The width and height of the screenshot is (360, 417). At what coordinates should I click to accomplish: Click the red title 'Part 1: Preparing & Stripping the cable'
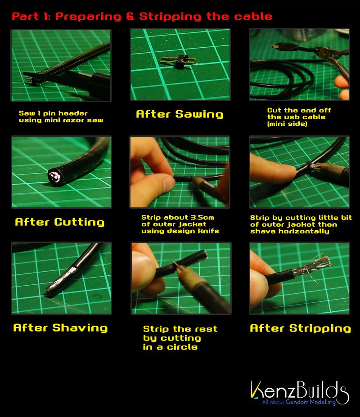142,17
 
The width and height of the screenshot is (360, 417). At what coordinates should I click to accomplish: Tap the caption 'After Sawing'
180,114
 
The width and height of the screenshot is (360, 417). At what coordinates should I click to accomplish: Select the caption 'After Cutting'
59,222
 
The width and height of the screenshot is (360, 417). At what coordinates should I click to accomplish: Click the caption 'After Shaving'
60,328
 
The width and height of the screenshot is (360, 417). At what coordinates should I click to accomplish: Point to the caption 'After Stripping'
301,328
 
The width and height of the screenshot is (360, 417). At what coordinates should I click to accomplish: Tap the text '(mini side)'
287,124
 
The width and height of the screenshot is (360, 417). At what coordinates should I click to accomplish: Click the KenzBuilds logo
299,393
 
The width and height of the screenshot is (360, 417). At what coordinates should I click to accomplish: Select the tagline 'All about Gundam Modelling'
299,402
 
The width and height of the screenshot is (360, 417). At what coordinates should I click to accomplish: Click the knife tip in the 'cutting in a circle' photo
174,263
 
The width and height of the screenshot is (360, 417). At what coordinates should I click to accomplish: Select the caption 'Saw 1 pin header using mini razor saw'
61,117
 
